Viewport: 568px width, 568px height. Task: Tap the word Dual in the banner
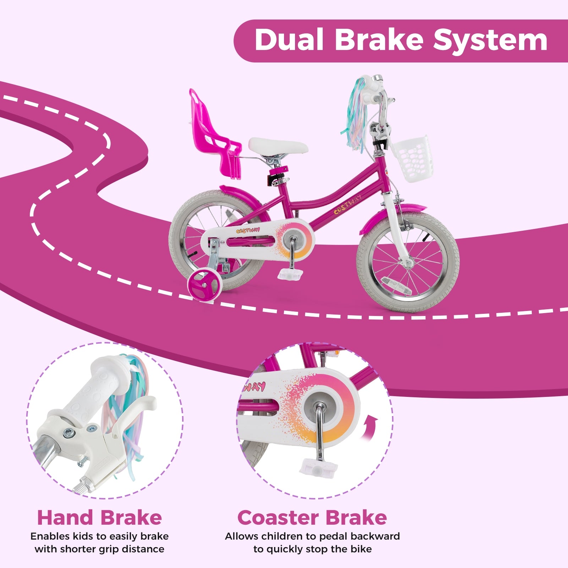(x=289, y=40)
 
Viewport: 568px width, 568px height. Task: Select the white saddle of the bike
(x=278, y=146)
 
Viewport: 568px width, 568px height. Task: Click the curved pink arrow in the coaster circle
(x=369, y=428)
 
